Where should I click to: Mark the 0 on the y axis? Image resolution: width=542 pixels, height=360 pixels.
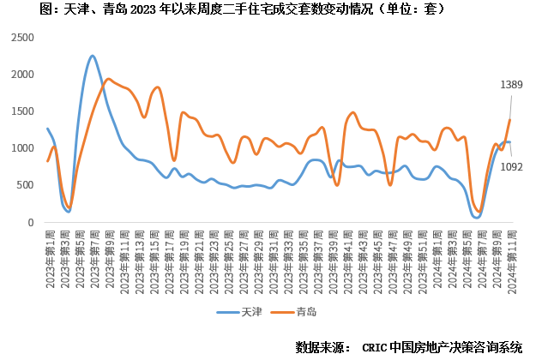pyautogui.click(x=31, y=222)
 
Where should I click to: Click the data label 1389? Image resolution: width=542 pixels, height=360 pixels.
pyautogui.click(x=511, y=85)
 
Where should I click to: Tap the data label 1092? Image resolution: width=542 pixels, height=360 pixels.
pyautogui.click(x=511, y=166)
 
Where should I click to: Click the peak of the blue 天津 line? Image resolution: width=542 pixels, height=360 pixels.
pyautogui.click(x=93, y=56)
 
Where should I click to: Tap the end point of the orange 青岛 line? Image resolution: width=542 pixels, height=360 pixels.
pyautogui.click(x=509, y=119)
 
